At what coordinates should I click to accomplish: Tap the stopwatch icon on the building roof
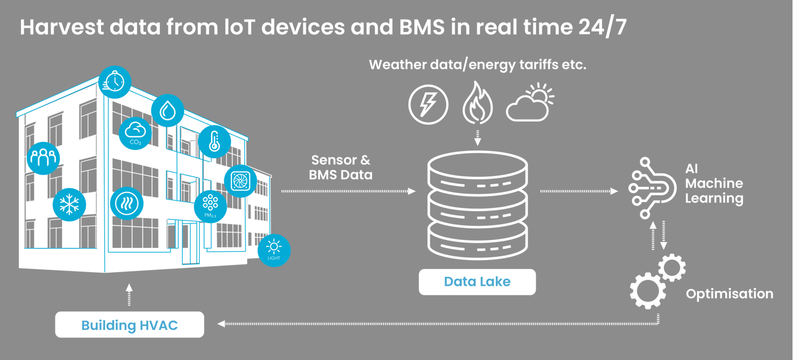click(115, 82)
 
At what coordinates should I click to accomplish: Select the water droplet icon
click(167, 111)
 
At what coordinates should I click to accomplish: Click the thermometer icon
click(214, 142)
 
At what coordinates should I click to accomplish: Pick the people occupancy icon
click(43, 158)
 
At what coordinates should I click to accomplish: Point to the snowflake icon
click(69, 205)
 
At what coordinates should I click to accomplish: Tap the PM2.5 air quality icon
click(210, 206)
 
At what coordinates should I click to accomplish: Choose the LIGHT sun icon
click(274, 250)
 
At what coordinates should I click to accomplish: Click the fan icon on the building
click(240, 182)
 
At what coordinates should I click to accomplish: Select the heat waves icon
click(127, 203)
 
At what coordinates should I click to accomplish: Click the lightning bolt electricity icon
click(428, 104)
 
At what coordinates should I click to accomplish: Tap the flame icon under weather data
click(477, 103)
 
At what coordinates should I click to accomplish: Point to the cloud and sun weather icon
click(530, 102)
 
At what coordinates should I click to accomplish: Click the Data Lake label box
click(477, 282)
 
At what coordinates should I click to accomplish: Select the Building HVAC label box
click(129, 325)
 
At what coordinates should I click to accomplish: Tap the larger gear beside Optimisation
click(648, 290)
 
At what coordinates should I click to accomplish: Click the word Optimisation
click(729, 294)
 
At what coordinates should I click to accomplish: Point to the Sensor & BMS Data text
click(340, 167)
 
